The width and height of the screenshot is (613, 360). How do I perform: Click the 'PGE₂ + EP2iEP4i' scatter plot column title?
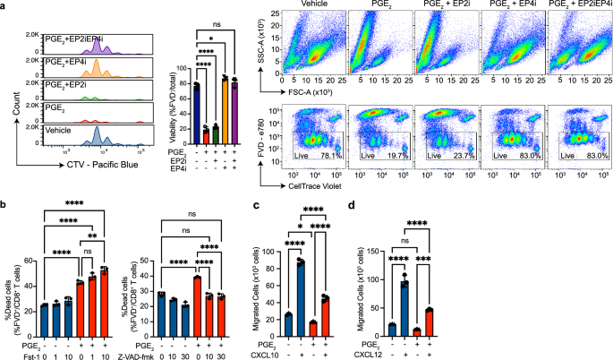(x=578, y=6)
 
